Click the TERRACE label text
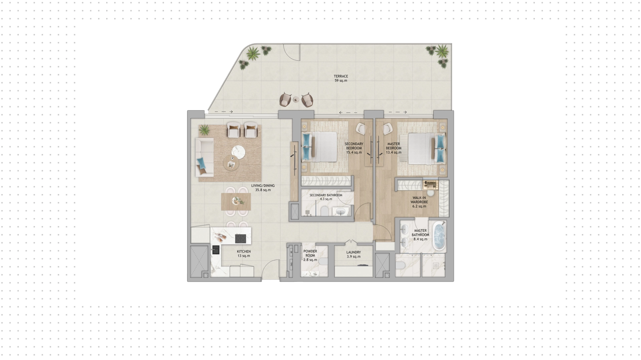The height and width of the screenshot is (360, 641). pos(341,76)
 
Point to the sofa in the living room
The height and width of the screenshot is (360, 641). pos(204,157)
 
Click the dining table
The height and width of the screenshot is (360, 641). pos(236,202)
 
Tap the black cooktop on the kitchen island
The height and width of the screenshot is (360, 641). pos(240,238)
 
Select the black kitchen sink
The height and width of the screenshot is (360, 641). pos(215,250)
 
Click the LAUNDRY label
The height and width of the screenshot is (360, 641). pos(354,252)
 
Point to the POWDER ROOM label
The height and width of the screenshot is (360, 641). pos(310,253)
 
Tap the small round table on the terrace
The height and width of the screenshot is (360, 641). pos(296,100)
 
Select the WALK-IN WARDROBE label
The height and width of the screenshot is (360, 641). pos(419,200)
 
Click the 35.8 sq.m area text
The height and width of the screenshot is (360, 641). pos(263,190)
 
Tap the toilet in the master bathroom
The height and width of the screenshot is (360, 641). pos(400,266)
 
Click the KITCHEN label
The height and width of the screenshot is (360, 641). pos(244,252)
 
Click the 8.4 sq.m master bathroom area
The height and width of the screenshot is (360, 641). pos(420,239)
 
